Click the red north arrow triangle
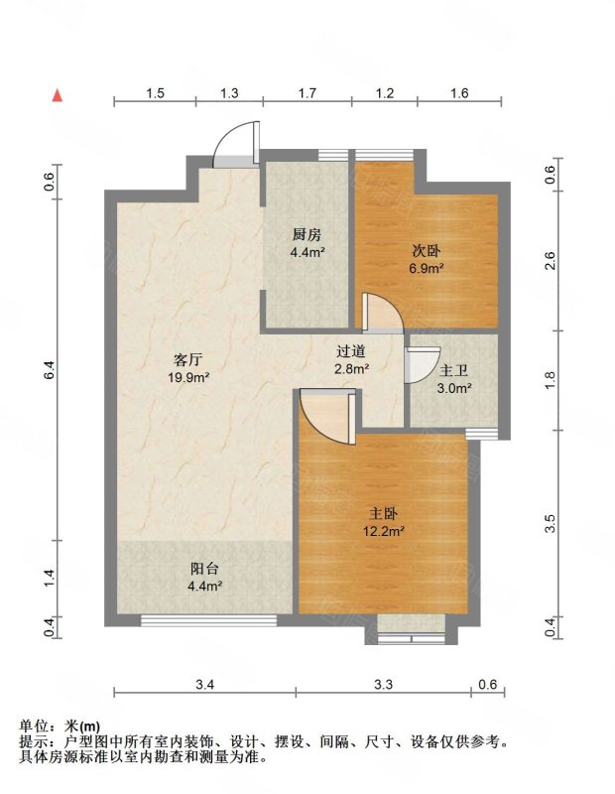click(x=59, y=95)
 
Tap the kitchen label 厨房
click(x=307, y=235)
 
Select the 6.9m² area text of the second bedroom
click(x=427, y=268)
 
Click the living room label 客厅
click(x=187, y=360)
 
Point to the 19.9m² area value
click(x=188, y=377)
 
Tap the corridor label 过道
click(x=351, y=351)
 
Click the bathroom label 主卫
click(x=453, y=371)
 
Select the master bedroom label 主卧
click(x=383, y=514)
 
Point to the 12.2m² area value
click(x=383, y=531)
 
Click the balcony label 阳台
click(x=204, y=569)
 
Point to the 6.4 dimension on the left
click(x=49, y=369)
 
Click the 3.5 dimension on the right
click(x=551, y=524)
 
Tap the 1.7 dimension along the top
click(x=307, y=93)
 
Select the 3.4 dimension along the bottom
click(x=205, y=685)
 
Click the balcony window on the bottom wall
click(x=208, y=620)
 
